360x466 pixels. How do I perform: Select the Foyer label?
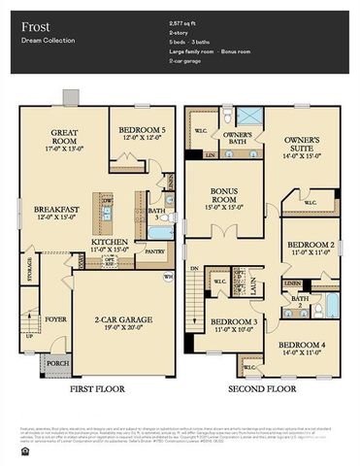(55, 317)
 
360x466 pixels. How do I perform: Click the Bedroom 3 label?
(234, 321)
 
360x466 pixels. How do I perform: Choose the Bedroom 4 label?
(304, 345)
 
